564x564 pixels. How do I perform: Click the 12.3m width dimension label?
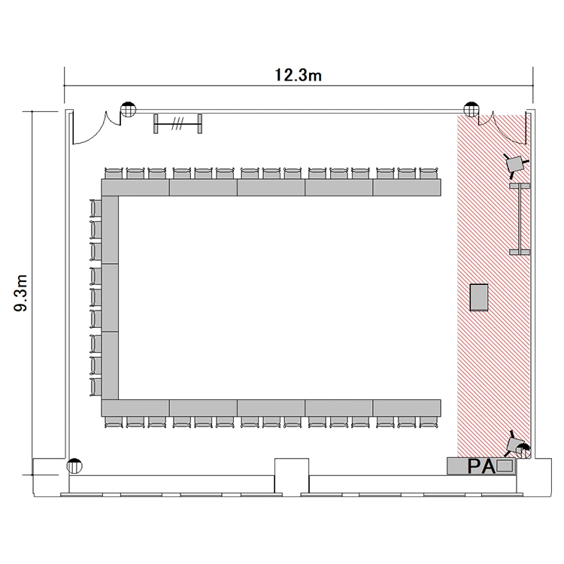(x=298, y=75)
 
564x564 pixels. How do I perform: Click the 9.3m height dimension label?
(x=21, y=293)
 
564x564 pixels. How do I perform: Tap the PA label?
(x=481, y=466)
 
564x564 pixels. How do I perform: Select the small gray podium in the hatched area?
(x=479, y=298)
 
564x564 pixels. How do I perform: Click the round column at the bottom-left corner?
(x=74, y=466)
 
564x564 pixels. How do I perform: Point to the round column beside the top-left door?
(x=128, y=109)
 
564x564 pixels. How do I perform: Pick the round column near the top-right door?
(x=472, y=109)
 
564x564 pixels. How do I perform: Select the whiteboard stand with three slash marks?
(x=177, y=124)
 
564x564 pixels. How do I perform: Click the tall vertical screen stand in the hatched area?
(x=520, y=219)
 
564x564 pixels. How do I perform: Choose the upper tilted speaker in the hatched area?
(x=516, y=165)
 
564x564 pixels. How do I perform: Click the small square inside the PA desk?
(x=504, y=466)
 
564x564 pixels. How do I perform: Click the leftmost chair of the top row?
(x=114, y=173)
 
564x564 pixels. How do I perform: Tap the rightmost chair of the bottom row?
(x=429, y=422)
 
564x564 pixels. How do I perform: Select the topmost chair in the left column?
(x=96, y=208)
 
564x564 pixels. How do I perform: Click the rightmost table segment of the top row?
(x=407, y=187)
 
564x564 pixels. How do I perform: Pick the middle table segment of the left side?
(x=110, y=298)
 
